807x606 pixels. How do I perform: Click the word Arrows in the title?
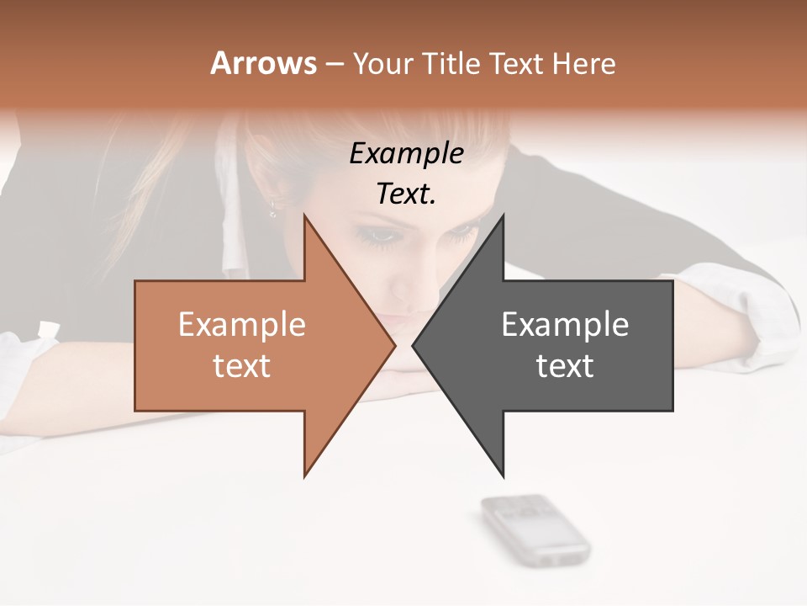coord(263,63)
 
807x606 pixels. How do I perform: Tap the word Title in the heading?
coord(449,63)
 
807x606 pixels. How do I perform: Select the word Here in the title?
coord(585,63)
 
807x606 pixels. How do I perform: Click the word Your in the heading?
coord(382,63)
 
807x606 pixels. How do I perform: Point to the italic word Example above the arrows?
coord(407,153)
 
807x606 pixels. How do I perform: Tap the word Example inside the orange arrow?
coord(242,325)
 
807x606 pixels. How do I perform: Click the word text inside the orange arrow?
coord(242,366)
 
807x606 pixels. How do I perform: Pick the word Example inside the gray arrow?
coord(565,325)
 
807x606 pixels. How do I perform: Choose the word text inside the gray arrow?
coord(565,366)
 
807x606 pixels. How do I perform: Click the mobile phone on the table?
coord(535,529)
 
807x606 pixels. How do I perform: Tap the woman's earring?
coord(273,207)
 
